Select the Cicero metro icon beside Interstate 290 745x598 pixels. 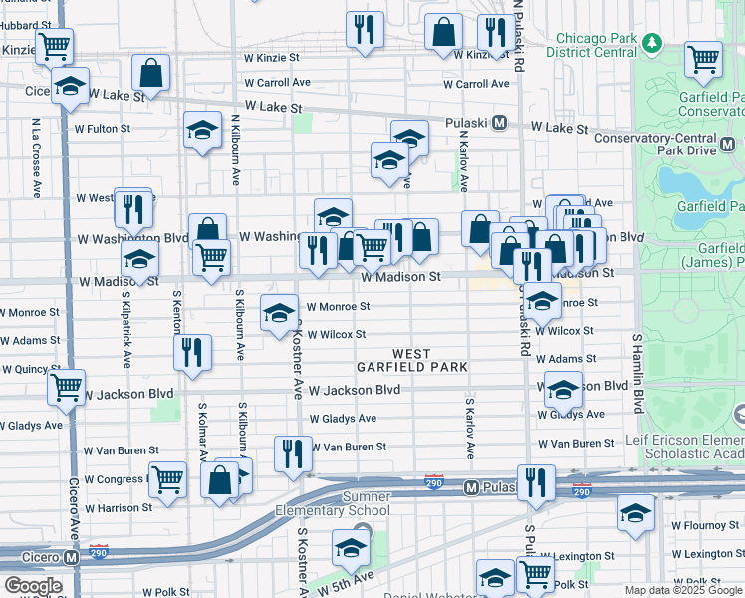point(71,558)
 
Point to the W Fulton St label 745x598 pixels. point(102,129)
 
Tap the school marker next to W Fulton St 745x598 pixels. point(202,130)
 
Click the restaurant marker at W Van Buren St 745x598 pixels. point(293,453)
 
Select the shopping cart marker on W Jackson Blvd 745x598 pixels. point(67,388)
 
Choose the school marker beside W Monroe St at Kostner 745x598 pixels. point(280,313)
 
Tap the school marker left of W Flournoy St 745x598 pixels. point(635,513)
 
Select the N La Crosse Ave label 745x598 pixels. point(35,154)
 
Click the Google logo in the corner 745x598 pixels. point(32,585)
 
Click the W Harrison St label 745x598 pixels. point(119,508)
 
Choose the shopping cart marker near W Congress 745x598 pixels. point(167,479)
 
